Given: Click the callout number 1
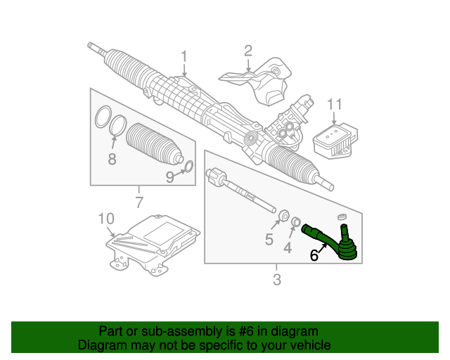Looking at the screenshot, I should tap(184, 56).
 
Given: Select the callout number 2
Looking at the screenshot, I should tap(247, 50).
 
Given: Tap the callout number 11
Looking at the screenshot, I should tap(335, 105).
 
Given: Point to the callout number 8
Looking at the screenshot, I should tap(112, 160).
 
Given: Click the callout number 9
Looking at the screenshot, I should tap(169, 178).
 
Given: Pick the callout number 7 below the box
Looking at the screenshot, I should tap(139, 204).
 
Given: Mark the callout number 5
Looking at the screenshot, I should tap(269, 240).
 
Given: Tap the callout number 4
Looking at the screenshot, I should tap(287, 247).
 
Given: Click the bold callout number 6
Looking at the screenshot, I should tap(314, 257).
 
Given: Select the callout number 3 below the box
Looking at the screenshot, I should tap(276, 281).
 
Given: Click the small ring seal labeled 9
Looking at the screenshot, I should tap(188, 167).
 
